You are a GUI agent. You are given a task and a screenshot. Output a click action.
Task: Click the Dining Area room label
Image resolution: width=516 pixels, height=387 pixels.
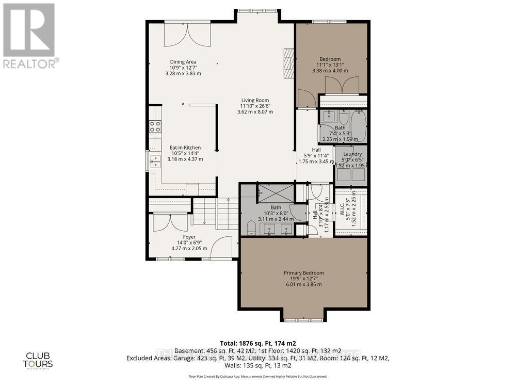(183, 62)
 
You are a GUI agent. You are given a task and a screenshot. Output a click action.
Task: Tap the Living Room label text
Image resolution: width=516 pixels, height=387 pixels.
(255, 101)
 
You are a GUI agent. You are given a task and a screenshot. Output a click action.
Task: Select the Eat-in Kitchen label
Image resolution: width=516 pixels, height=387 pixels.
(185, 148)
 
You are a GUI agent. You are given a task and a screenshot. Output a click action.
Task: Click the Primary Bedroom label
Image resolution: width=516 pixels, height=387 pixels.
(303, 273)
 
